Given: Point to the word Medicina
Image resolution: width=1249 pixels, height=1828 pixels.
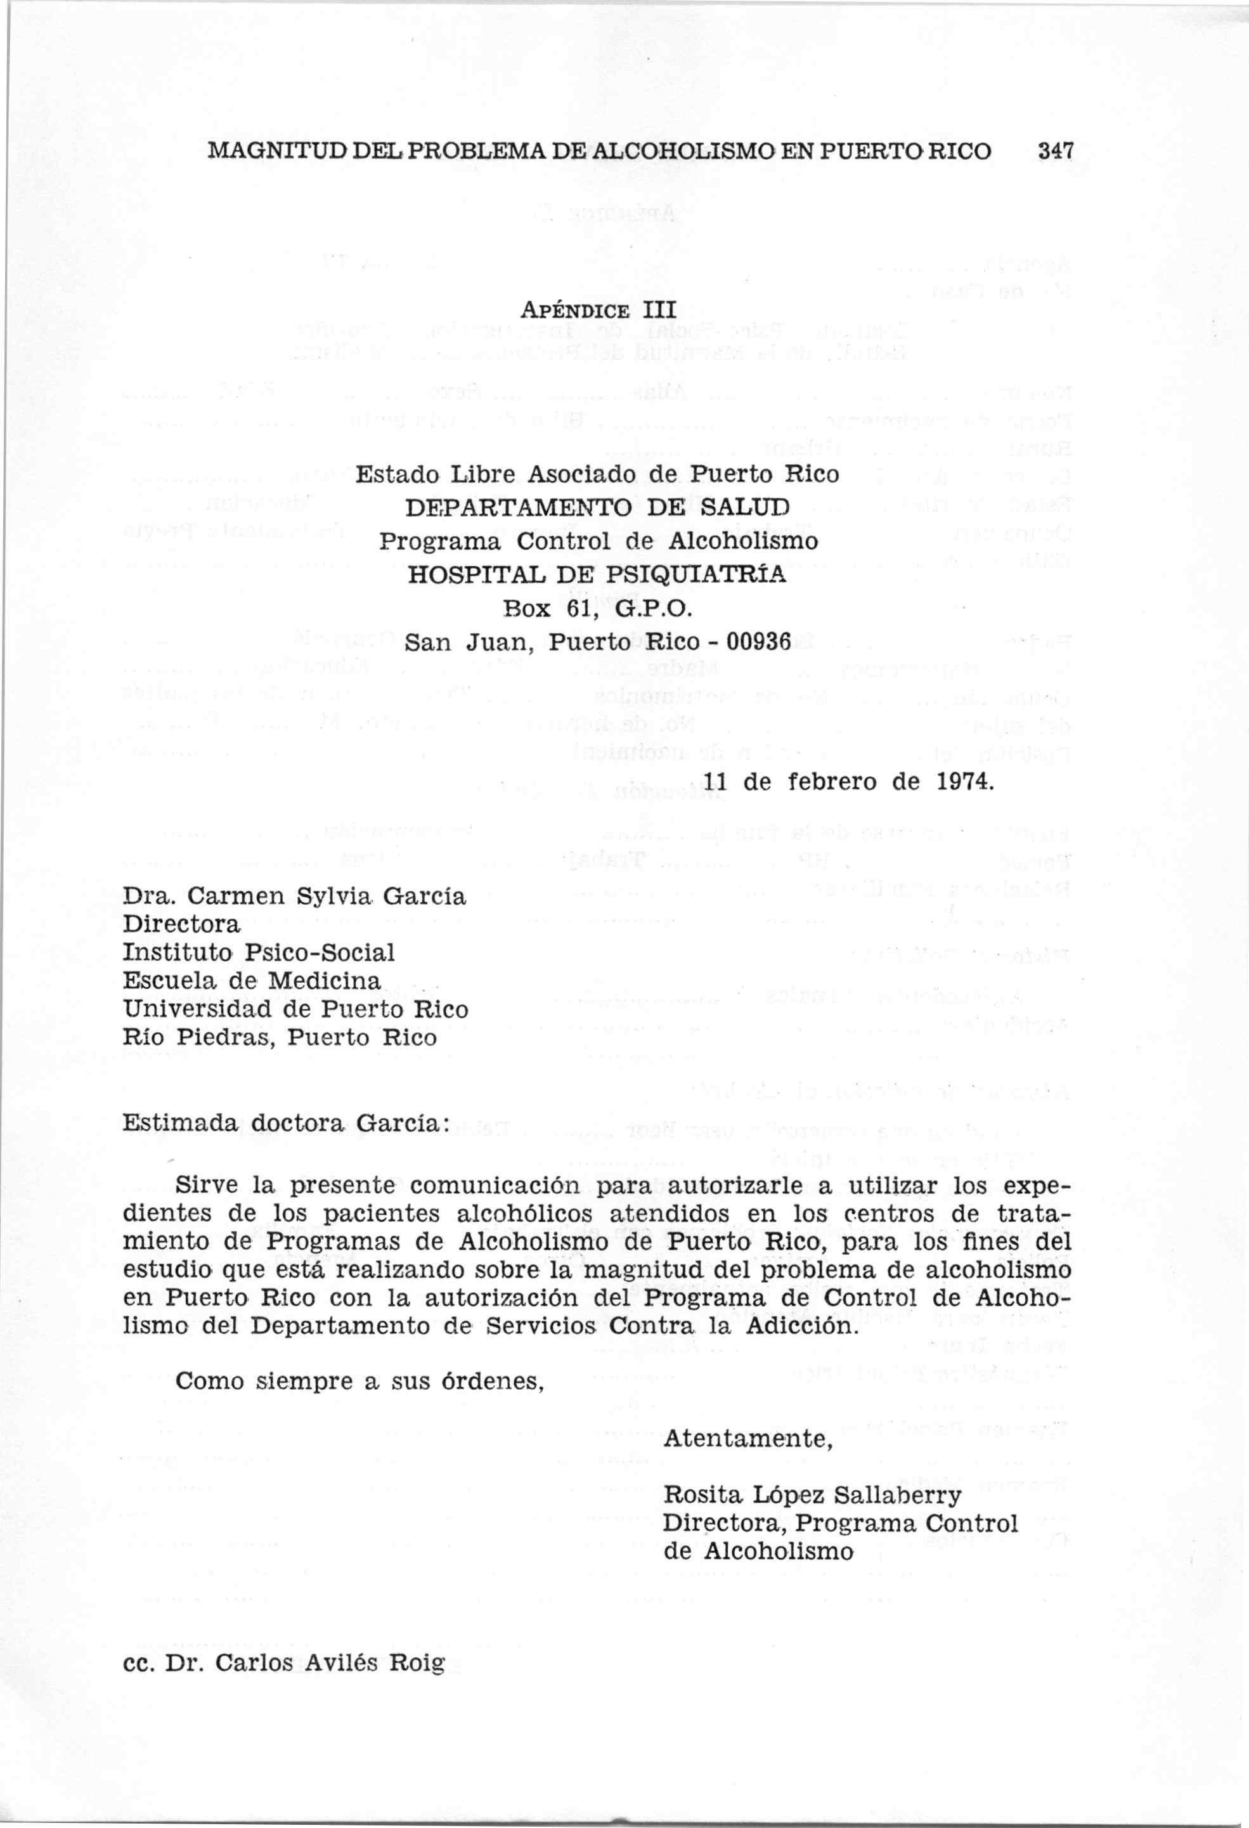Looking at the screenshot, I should coord(324,982).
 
